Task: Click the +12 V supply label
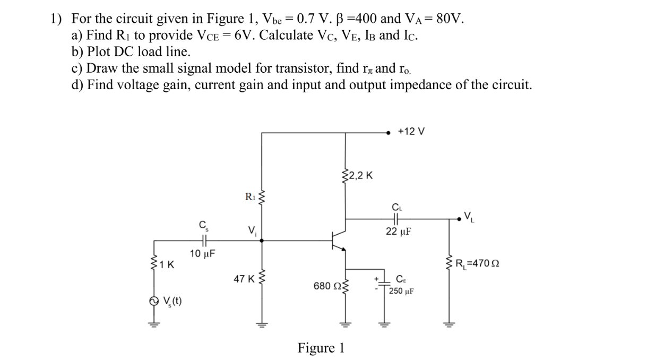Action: tap(411, 131)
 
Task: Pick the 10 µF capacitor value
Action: tap(202, 254)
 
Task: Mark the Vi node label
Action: tap(252, 230)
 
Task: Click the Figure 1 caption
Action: tap(321, 348)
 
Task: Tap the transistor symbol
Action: tap(338, 241)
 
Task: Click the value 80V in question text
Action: tap(450, 19)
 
